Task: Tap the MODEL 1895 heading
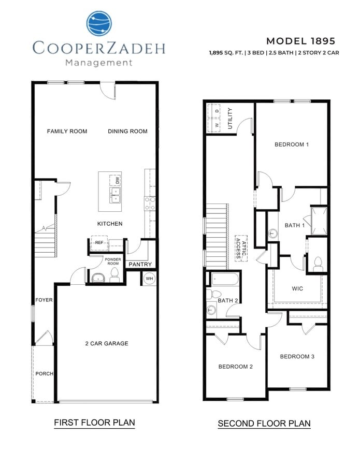click(x=300, y=41)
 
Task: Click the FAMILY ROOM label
click(x=67, y=132)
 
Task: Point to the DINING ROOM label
click(x=127, y=132)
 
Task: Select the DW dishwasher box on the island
click(x=117, y=180)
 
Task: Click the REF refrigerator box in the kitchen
click(x=98, y=242)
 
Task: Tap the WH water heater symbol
click(x=149, y=279)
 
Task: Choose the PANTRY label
click(x=140, y=265)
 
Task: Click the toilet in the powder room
click(x=114, y=276)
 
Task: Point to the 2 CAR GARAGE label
click(x=107, y=343)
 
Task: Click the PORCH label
click(x=44, y=374)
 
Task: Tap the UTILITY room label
click(x=231, y=119)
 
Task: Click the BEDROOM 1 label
click(x=292, y=144)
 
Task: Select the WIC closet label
click(x=297, y=288)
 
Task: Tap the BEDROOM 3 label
click(x=297, y=356)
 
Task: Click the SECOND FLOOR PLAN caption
click(x=264, y=424)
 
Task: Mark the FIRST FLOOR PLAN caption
click(x=94, y=423)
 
